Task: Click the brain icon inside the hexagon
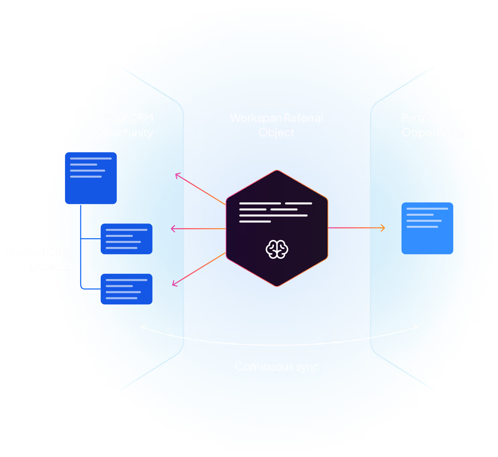pos(277,249)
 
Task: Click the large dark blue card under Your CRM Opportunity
pos(91,178)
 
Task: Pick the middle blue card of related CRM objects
pos(127,239)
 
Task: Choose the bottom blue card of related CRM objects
pos(127,289)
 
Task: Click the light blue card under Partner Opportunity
pos(427,228)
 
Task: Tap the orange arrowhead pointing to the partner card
pos(383,228)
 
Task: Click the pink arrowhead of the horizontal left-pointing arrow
pos(173,229)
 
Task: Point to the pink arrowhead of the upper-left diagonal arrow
pos(177,175)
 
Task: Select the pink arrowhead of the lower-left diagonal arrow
pos(174,284)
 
